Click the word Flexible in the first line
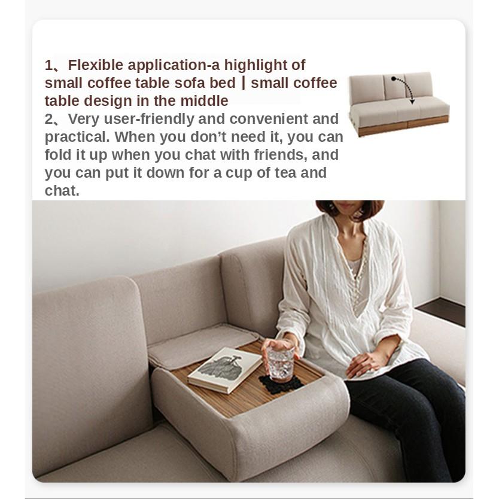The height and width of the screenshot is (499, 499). point(96,65)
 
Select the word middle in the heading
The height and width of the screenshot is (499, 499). point(204,101)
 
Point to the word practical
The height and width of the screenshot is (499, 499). point(77,138)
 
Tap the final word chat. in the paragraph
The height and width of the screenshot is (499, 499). point(62,191)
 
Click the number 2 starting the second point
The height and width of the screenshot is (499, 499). point(49,120)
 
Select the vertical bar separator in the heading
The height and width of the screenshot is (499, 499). point(244,83)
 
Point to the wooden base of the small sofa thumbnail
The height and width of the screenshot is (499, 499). point(403,126)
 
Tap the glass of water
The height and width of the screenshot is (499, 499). point(281,363)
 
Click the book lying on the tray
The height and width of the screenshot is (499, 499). point(225,370)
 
